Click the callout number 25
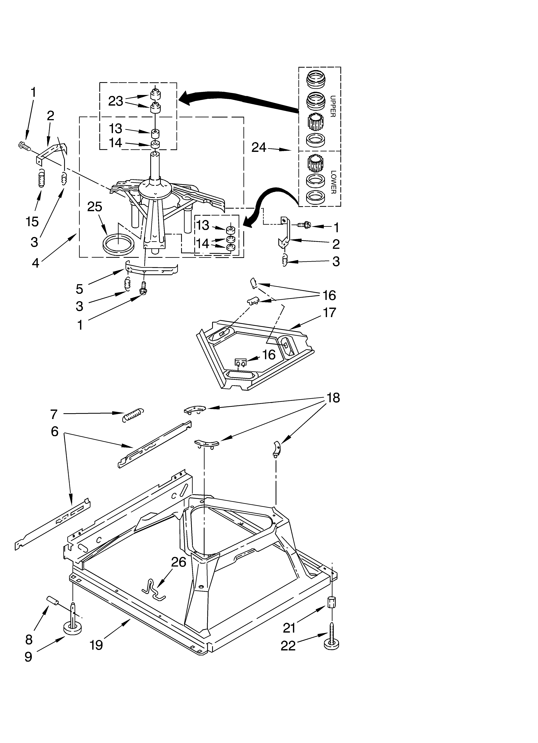click(95, 207)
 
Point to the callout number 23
click(116, 101)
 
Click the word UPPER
click(333, 106)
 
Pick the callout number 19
click(96, 645)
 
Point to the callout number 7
click(54, 414)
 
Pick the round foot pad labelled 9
click(72, 629)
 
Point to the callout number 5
click(80, 289)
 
